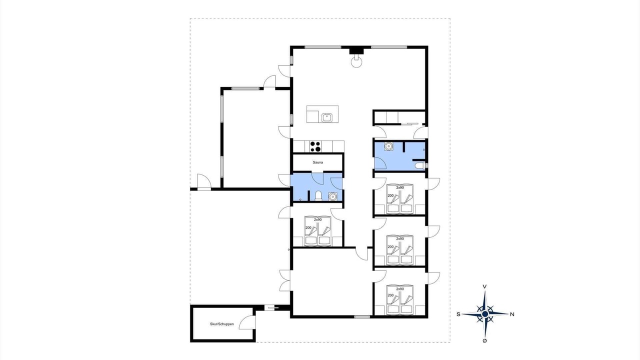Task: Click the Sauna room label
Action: point(317,162)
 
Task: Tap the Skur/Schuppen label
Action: point(221,324)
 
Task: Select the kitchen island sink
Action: point(326,117)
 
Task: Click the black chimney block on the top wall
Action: point(356,50)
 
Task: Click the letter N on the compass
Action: point(512,314)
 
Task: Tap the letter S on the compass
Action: point(458,314)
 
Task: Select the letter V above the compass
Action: point(484,286)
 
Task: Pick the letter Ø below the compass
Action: point(484,340)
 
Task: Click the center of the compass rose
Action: point(485,314)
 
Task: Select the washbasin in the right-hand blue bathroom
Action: point(388,146)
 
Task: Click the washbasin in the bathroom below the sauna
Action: point(332,196)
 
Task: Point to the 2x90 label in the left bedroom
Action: point(317,219)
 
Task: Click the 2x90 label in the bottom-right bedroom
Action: point(400,289)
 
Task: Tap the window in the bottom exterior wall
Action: point(362,317)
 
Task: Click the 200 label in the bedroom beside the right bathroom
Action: point(390,195)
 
